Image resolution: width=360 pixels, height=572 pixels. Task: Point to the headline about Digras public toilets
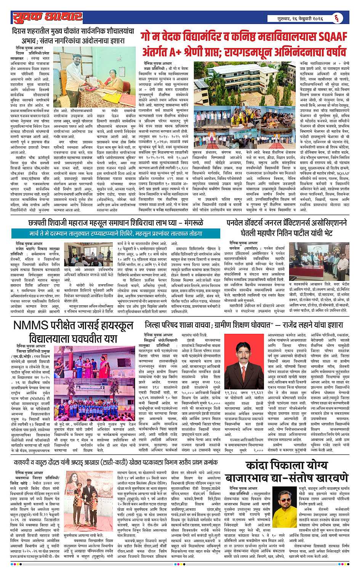(x=73, y=34)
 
